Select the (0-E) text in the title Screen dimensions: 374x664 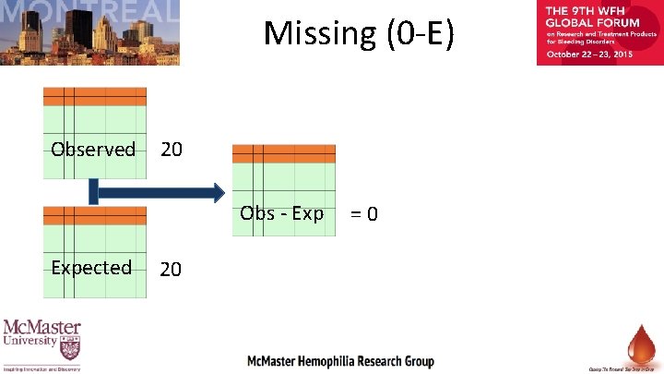[415, 33]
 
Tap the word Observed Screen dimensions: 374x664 [93, 150]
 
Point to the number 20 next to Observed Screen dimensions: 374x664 [172, 150]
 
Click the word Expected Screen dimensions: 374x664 [91, 268]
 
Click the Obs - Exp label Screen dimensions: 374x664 [282, 214]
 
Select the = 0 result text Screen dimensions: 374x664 [363, 215]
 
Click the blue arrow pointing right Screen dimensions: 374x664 [157, 192]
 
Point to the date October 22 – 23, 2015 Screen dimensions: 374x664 [590, 54]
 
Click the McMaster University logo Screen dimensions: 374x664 [41, 344]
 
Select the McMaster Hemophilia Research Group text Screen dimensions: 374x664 [340, 360]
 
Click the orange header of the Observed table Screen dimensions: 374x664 [95, 97]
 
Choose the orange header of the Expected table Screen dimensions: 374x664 [95, 215]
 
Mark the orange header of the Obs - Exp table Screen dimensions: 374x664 [284, 153]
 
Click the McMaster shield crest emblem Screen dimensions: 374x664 [69, 350]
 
